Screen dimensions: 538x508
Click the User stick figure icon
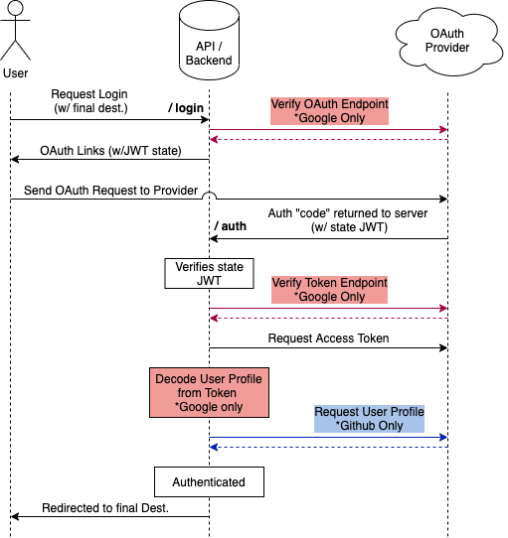tap(16, 34)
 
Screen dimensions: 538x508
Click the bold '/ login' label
tap(186, 106)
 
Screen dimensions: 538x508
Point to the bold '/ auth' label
tap(230, 226)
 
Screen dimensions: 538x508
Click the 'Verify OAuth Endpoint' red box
tap(331, 111)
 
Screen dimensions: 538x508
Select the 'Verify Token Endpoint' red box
tap(331, 290)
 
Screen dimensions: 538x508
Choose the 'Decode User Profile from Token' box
tap(199, 393)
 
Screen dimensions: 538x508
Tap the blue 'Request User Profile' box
tap(369, 418)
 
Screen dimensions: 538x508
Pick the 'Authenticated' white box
tap(209, 482)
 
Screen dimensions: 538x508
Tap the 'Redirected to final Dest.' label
tap(105, 508)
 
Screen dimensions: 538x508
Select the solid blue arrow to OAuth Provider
tap(328, 437)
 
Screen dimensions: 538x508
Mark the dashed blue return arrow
tap(328, 447)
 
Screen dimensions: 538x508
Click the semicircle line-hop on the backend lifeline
tap(209, 198)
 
